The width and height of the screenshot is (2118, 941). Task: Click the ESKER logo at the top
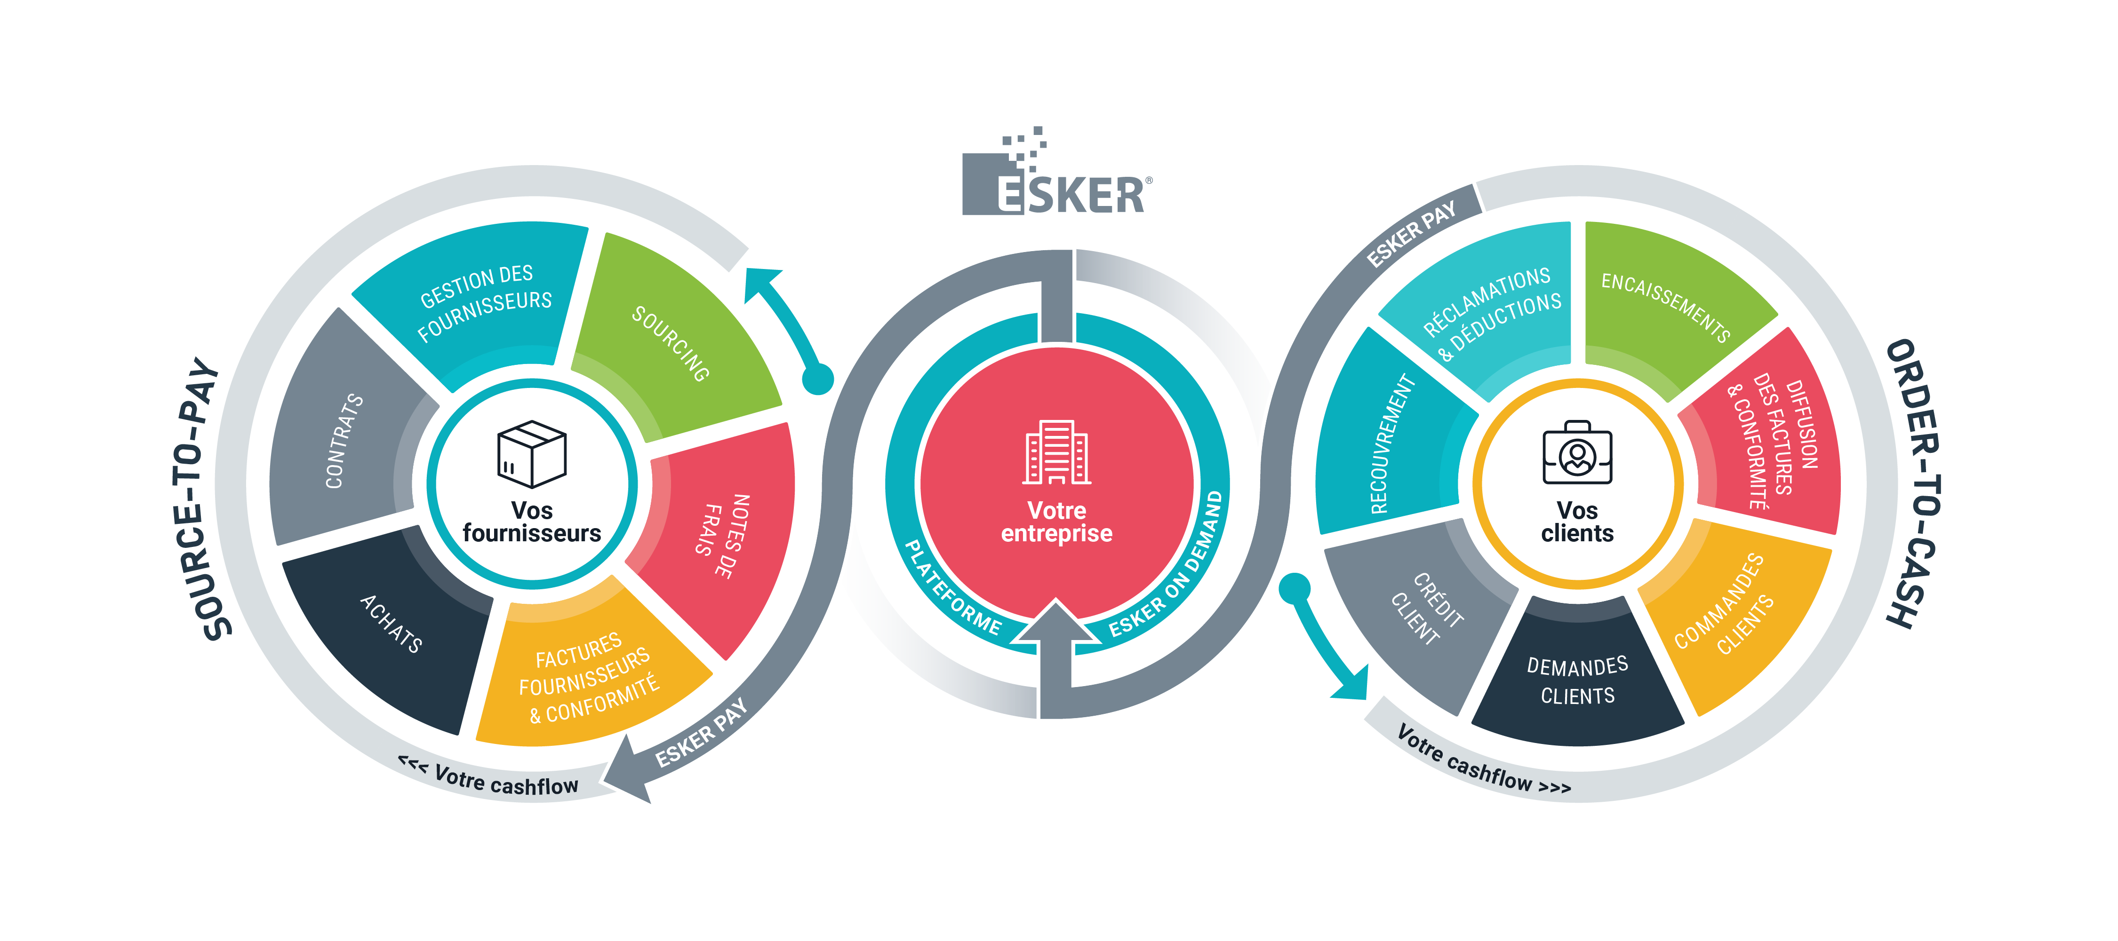coord(1056,177)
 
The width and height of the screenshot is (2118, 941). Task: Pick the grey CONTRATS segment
coord(345,435)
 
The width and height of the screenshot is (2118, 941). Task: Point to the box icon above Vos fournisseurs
coord(532,454)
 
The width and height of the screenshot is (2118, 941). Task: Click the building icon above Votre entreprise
coord(1056,452)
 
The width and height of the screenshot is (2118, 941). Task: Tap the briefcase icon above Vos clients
coord(1577,452)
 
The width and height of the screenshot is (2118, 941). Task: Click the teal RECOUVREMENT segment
coord(1390,444)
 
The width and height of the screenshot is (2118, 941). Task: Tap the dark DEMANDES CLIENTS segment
coord(1577,678)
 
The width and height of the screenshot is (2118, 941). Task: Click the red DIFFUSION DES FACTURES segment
coord(1776,435)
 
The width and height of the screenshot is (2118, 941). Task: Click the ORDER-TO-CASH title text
coord(1911,485)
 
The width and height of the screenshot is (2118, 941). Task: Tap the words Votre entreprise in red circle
coord(1056,522)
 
